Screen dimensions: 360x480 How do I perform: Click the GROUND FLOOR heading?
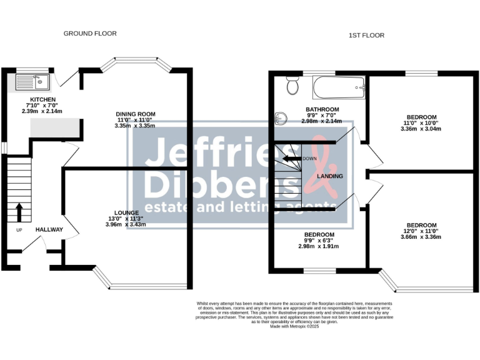(x=90, y=33)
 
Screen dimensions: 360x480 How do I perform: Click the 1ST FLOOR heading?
(x=366, y=36)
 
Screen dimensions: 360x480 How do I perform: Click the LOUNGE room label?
(x=122, y=212)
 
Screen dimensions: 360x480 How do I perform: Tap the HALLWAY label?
(x=49, y=230)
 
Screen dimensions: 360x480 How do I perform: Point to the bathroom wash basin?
(x=280, y=116)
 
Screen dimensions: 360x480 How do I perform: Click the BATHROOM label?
(x=322, y=109)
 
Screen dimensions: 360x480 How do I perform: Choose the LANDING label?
(x=329, y=177)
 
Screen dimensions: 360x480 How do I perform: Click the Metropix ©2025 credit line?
(x=295, y=326)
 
